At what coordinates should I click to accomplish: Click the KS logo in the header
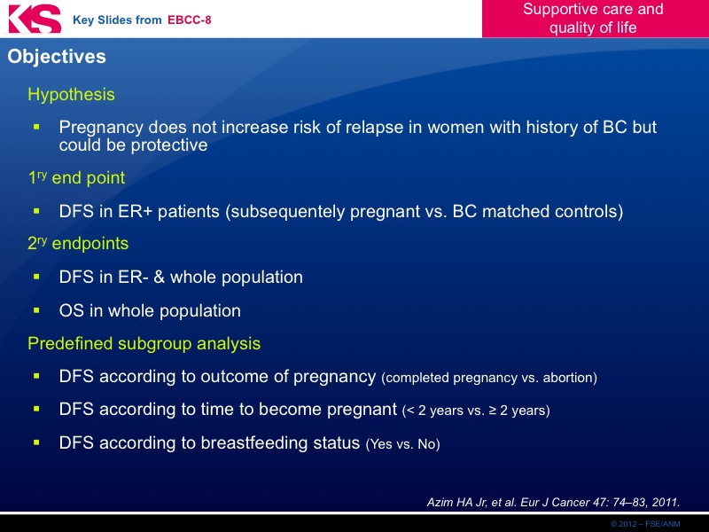click(x=35, y=19)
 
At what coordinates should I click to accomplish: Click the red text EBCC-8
click(x=190, y=20)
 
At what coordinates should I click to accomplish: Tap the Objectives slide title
click(x=57, y=57)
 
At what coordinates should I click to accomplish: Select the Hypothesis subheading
click(x=71, y=95)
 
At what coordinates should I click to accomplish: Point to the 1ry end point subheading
click(x=76, y=177)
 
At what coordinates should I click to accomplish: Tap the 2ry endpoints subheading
click(x=78, y=243)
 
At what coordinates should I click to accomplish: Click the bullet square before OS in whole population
click(x=36, y=310)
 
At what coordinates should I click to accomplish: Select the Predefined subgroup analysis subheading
click(x=144, y=343)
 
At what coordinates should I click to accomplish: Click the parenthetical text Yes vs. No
click(x=403, y=444)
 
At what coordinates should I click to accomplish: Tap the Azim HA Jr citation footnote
click(x=553, y=502)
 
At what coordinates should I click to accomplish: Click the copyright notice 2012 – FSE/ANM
click(x=645, y=524)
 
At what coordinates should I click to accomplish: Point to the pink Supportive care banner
click(x=595, y=19)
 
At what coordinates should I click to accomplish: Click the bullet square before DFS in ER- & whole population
click(x=36, y=277)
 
